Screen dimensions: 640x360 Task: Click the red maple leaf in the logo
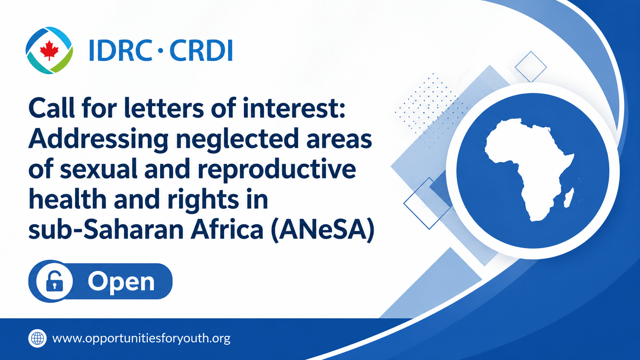pos(49,50)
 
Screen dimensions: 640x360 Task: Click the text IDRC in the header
pos(120,50)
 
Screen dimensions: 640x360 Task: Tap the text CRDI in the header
pos(201,50)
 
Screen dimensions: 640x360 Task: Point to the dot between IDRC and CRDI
pos(160,50)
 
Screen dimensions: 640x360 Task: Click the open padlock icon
pos(54,281)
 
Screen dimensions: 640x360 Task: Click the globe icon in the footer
pos(38,338)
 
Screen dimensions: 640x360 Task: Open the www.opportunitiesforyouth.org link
pos(141,339)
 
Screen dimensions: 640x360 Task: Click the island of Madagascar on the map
pos(568,197)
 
